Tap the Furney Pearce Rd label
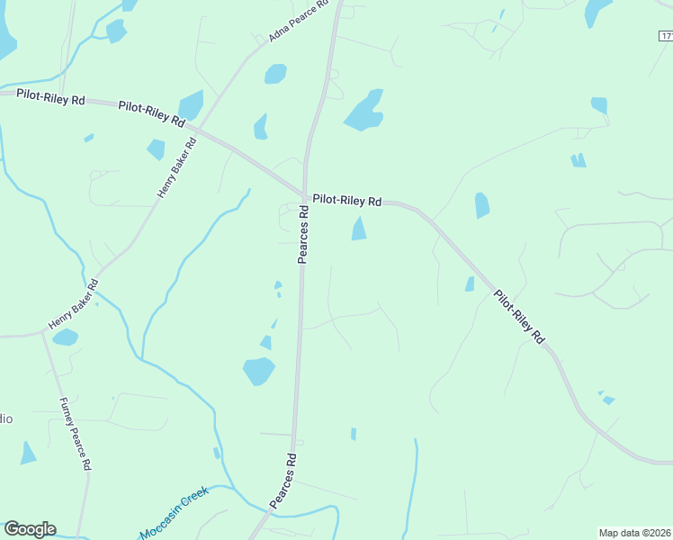76,434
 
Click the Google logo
30,529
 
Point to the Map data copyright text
634,532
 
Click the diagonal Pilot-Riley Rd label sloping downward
519,316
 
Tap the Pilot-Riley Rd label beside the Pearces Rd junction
347,201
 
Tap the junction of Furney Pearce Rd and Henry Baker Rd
42,331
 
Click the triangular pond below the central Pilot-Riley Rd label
359,229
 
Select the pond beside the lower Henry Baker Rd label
64,337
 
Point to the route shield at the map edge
664,36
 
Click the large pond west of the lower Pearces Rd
258,370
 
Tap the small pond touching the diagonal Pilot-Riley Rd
470,284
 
